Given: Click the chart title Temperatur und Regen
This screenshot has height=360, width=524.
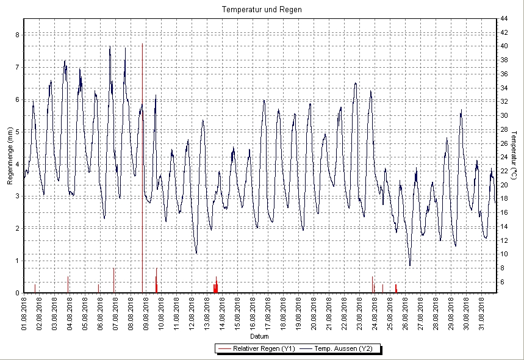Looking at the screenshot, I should tap(262, 10).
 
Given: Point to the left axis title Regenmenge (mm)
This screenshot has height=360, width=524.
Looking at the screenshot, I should tap(10, 156).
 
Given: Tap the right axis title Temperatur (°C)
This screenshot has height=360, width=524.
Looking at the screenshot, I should tap(515, 155).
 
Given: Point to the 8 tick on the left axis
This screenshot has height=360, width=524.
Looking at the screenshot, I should tap(17, 35).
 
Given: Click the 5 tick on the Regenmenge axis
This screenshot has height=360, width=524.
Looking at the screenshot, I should tap(17, 132).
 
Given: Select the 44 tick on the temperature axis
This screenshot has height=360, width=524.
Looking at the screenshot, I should tap(504, 18).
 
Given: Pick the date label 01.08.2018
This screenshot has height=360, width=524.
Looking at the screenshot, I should tap(24, 312).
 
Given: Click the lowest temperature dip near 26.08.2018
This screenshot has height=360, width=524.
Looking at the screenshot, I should tap(410, 265).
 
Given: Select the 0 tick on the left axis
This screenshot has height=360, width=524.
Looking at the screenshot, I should tap(17, 293).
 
